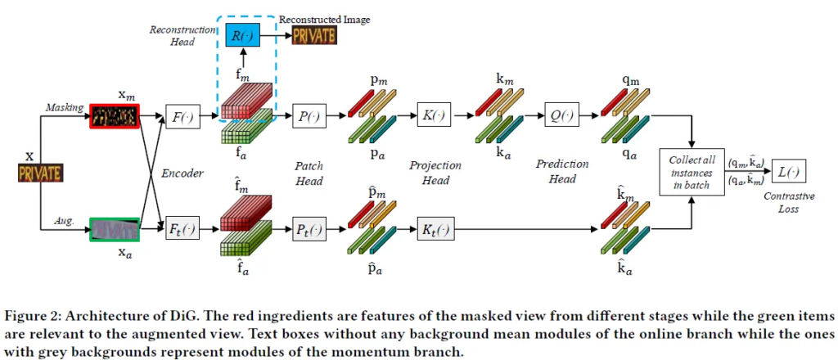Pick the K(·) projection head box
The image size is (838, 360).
pyautogui.click(x=435, y=117)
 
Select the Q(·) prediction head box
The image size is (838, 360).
pyautogui.click(x=561, y=117)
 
